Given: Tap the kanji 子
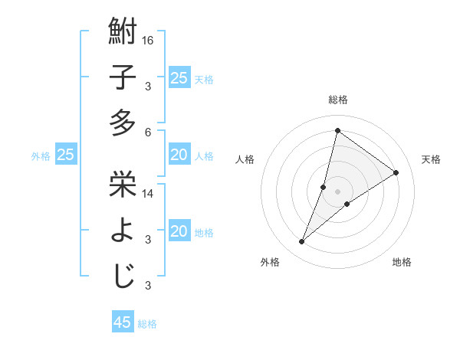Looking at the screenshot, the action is (123, 79).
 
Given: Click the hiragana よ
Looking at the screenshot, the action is (123, 231).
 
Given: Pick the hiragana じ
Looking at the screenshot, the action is (123, 276).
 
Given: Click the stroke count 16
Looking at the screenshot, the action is (149, 39).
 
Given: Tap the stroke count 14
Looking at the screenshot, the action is (149, 194).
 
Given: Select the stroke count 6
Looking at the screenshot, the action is (148, 131).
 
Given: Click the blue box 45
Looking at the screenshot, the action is (123, 322).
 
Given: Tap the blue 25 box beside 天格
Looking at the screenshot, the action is (179, 78).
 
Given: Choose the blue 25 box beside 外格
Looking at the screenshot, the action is (65, 155).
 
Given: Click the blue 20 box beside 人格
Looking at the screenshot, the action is (179, 155).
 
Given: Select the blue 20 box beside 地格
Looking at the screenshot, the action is (179, 231).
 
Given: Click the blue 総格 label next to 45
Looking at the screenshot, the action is (147, 324).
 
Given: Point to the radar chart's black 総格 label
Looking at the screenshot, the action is (337, 100).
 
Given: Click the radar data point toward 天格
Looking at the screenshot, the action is (396, 172).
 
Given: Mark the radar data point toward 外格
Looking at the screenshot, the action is (302, 242).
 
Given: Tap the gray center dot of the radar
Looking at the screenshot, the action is (337, 191).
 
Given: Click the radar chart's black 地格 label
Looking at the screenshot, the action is (402, 262).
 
